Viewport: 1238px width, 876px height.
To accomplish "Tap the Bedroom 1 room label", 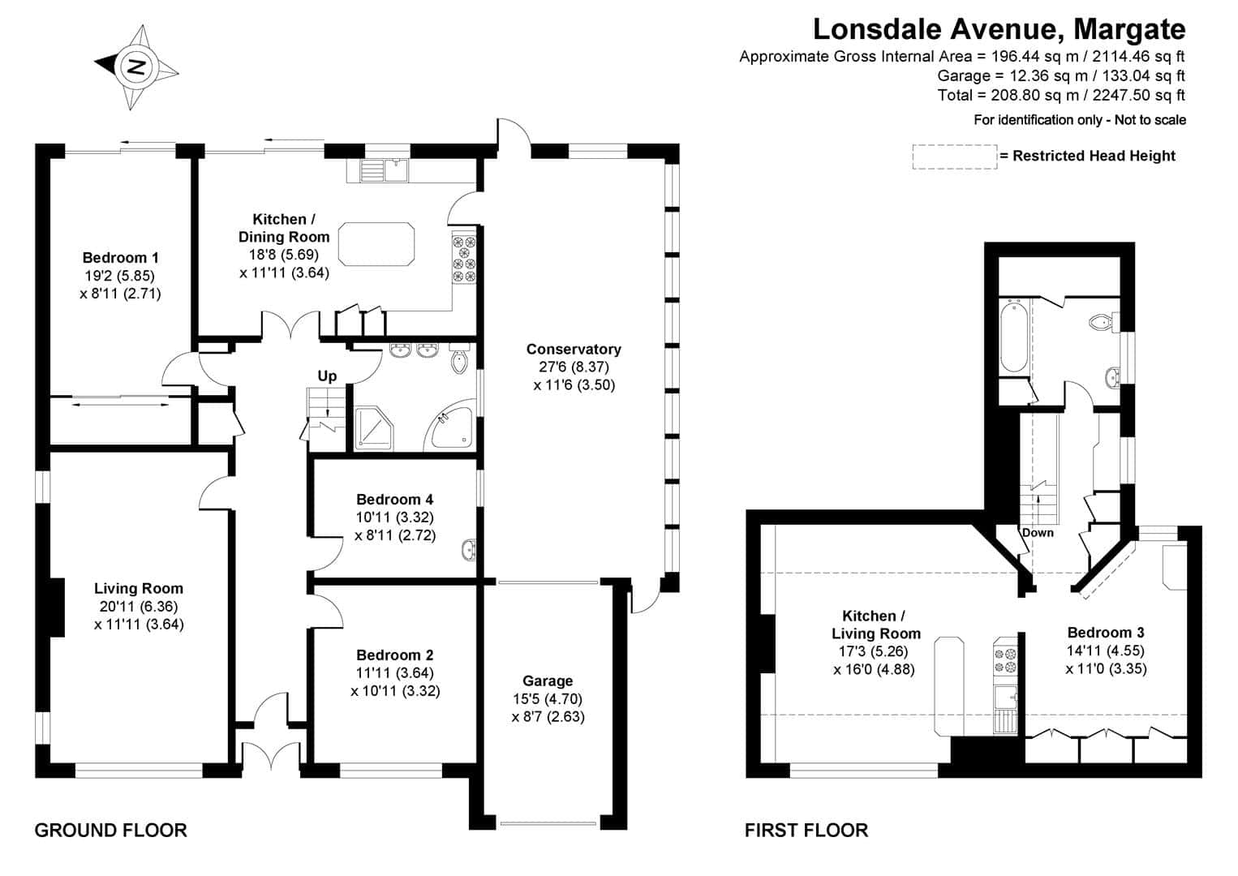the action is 121,258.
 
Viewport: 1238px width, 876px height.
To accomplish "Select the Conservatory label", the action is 574,350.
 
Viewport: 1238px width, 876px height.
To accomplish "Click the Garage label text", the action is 548,681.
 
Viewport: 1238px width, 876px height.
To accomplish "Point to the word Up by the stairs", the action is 327,376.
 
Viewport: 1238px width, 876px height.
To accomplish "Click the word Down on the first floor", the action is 1038,533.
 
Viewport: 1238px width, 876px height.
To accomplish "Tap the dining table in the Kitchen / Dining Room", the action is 376,244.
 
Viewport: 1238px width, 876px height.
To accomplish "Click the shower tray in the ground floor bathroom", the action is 374,429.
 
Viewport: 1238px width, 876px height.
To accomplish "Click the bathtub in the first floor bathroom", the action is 1014,336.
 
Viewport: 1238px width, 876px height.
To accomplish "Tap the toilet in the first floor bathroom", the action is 1103,322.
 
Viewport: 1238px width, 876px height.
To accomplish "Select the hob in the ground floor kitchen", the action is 464,260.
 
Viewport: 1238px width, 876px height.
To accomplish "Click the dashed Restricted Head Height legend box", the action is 955,157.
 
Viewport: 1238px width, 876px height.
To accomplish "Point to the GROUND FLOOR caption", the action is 110,830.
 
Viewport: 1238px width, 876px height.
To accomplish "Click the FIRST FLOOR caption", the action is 806,830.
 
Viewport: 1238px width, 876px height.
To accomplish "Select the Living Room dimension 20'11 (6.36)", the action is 139,606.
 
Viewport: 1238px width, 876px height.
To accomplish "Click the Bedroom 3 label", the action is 1106,633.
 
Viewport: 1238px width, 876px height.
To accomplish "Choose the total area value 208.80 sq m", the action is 1034,95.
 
